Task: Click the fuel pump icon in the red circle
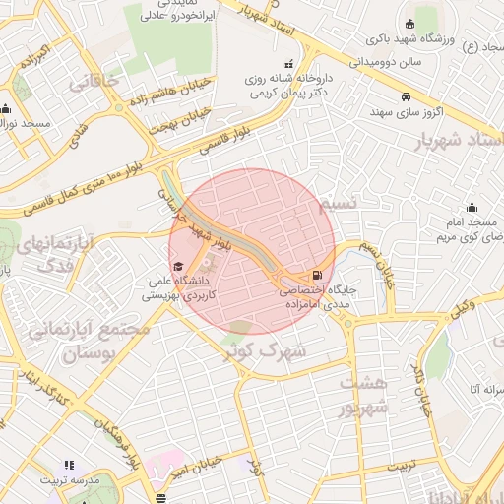coord(316,276)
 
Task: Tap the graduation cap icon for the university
coord(178,266)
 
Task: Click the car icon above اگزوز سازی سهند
coord(406,96)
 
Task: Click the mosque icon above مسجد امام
coord(472,207)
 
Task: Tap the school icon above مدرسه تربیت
coord(69,465)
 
